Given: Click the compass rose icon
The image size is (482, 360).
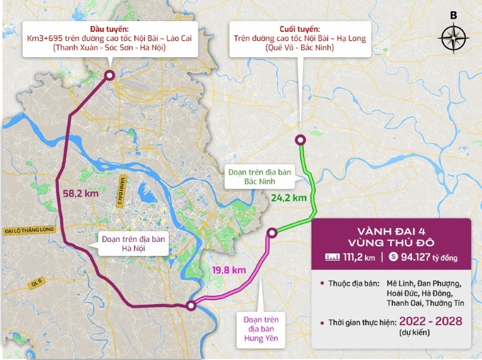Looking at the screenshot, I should click(x=454, y=38).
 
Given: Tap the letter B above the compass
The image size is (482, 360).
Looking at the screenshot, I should click(x=454, y=15).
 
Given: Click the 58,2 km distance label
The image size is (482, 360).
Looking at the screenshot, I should click(x=81, y=194).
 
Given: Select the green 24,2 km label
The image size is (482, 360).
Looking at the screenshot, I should click(x=289, y=197).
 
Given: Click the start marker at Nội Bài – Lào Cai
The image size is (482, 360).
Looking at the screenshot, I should click(x=110, y=75).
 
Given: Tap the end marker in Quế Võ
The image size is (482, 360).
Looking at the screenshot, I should click(x=301, y=140).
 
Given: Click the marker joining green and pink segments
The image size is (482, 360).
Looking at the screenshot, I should click(x=272, y=232).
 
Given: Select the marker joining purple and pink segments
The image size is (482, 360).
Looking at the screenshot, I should click(x=191, y=306).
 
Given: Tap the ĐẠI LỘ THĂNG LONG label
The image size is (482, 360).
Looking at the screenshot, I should click(x=28, y=231).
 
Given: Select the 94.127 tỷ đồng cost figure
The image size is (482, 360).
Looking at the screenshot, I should click(x=428, y=258).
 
